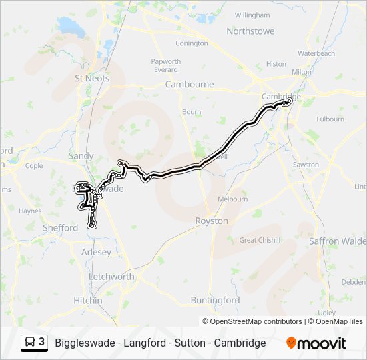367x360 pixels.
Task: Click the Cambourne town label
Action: [x=190, y=85]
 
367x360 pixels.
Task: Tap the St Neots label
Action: [x=92, y=78]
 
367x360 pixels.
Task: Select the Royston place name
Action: [x=211, y=221]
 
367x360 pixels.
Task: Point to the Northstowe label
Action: [x=251, y=31]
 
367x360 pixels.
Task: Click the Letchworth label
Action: [x=111, y=277]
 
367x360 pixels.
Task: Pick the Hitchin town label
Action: [x=88, y=301]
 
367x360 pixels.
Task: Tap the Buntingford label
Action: [x=215, y=301]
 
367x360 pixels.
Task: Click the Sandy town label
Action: [x=81, y=156]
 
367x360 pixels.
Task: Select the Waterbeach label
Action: [x=316, y=53]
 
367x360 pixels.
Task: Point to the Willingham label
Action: [x=252, y=15]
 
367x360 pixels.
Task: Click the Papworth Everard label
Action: [x=166, y=65]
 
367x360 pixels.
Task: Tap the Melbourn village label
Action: [x=233, y=199]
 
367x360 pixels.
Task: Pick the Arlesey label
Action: [x=97, y=252]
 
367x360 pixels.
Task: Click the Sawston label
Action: [x=306, y=165]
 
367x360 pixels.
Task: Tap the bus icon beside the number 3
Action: [x=30, y=343]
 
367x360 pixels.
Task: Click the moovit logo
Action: [x=316, y=343]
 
